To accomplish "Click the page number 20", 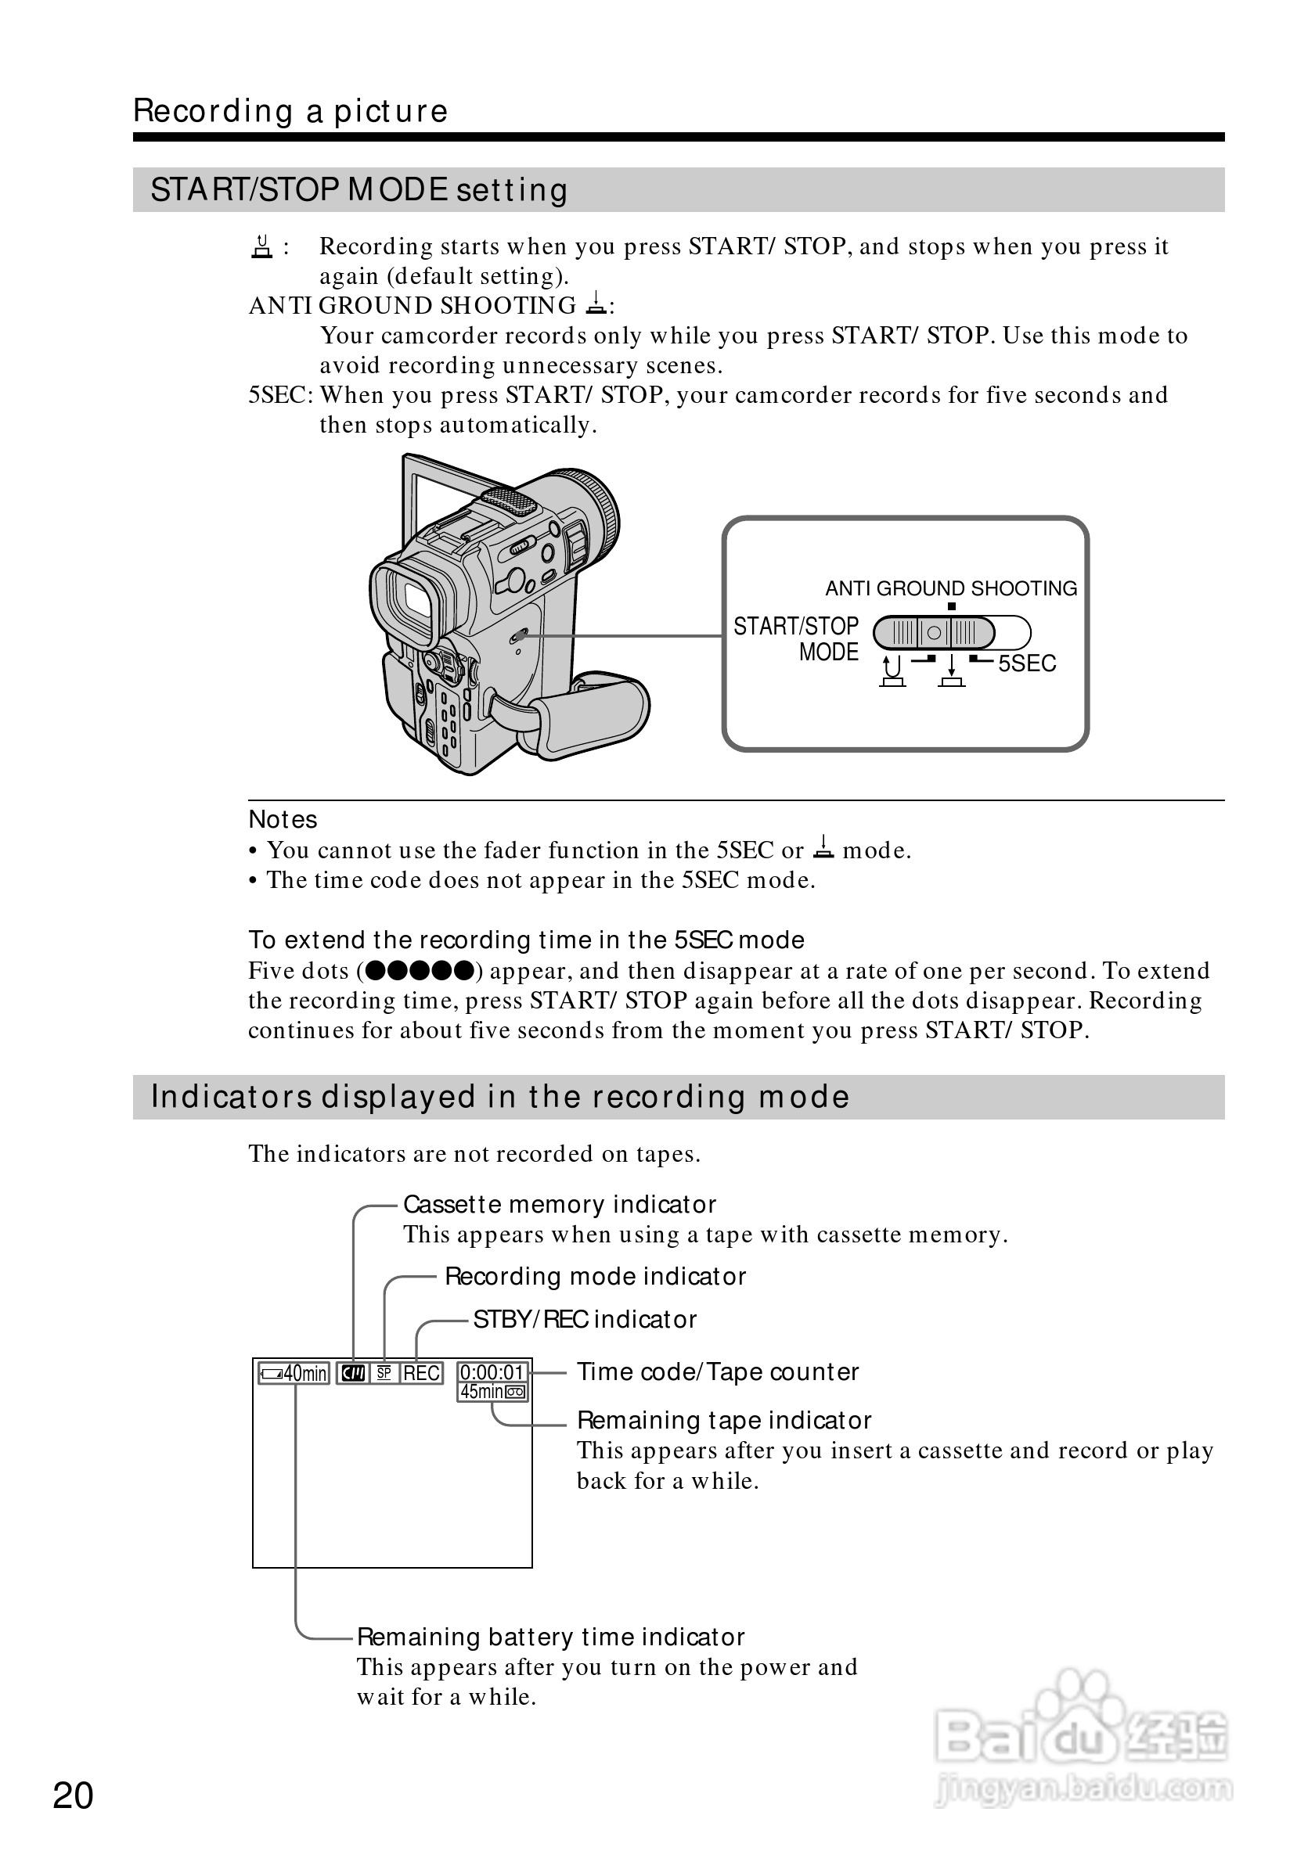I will [x=73, y=1795].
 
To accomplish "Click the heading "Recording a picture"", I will [x=290, y=111].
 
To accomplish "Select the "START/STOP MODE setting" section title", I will [x=358, y=190].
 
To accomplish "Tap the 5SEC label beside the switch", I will [x=1026, y=663].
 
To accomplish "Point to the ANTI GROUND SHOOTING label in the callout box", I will [x=951, y=588].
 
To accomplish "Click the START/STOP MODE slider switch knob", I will [x=935, y=633].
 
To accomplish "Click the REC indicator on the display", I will [x=422, y=1373].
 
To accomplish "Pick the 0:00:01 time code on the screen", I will [x=492, y=1372].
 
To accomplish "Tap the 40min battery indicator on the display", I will [x=294, y=1373].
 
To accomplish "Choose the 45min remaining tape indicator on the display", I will [x=492, y=1392].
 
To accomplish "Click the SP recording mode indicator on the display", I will [x=384, y=1373].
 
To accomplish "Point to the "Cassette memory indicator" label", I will [x=560, y=1204].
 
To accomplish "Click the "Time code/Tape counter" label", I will [x=717, y=1371].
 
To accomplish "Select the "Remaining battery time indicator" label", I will [x=551, y=1637].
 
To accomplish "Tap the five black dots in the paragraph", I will [x=419, y=970].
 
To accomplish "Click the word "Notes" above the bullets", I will [x=283, y=819].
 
